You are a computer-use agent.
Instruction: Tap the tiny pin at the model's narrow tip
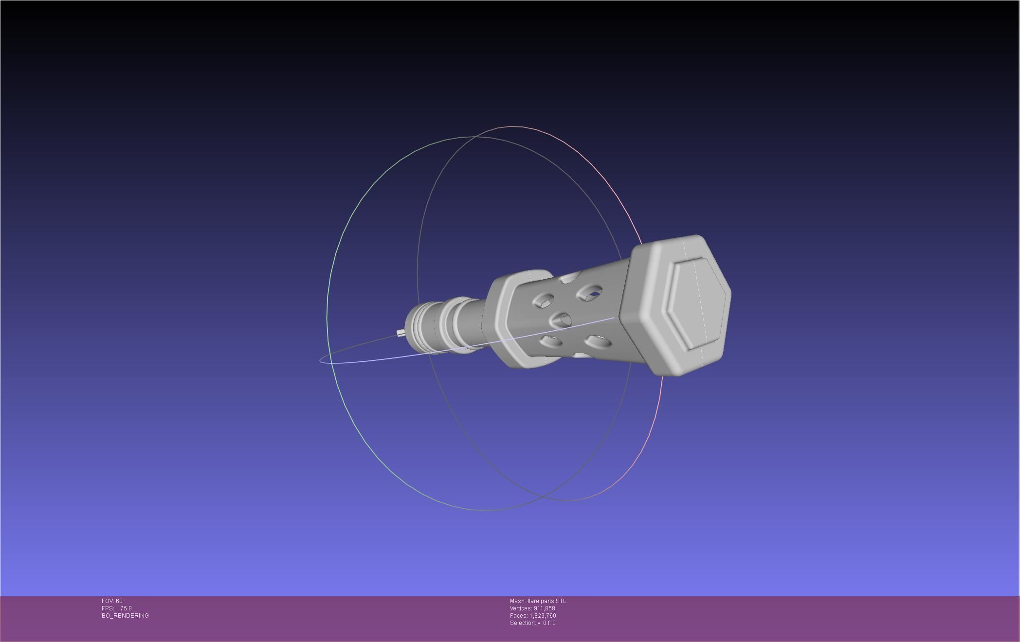pyautogui.click(x=400, y=333)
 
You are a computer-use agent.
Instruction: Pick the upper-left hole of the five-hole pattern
pyautogui.click(x=543, y=301)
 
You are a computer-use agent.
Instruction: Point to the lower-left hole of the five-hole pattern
pyautogui.click(x=550, y=341)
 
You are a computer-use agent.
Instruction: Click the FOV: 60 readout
pyautogui.click(x=112, y=601)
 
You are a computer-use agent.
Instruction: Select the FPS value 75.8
pyautogui.click(x=126, y=608)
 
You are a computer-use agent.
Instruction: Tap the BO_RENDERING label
pyautogui.click(x=125, y=616)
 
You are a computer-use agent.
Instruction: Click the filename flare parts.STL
pyautogui.click(x=546, y=601)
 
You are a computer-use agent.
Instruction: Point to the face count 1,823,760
pyautogui.click(x=543, y=616)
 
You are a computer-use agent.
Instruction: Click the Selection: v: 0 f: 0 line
pyautogui.click(x=532, y=623)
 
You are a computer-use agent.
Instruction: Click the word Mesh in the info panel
pyautogui.click(x=517, y=601)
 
